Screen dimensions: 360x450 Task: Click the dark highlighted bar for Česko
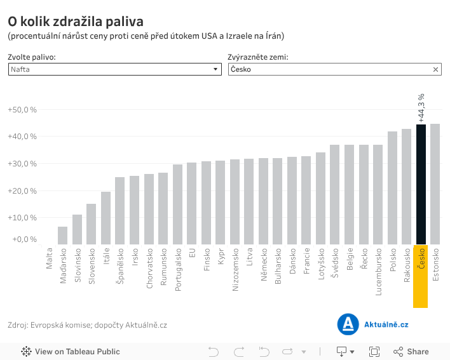(x=421, y=184)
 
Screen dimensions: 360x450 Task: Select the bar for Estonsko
(x=435, y=184)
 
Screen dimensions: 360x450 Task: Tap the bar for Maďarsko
(x=62, y=236)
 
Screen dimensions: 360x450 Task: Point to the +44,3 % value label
(x=421, y=107)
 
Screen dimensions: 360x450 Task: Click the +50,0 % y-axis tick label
(x=22, y=110)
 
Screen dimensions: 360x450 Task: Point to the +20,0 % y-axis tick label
(x=22, y=190)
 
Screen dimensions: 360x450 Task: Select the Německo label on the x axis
(x=263, y=266)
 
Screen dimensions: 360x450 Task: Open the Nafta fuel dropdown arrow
(x=215, y=70)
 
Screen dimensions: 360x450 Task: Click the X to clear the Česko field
(x=436, y=70)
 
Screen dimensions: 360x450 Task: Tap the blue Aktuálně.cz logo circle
(x=348, y=324)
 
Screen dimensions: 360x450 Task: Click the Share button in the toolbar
(x=411, y=352)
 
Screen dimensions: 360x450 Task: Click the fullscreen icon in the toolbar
(x=374, y=352)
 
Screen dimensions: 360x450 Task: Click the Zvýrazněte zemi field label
(x=257, y=57)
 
